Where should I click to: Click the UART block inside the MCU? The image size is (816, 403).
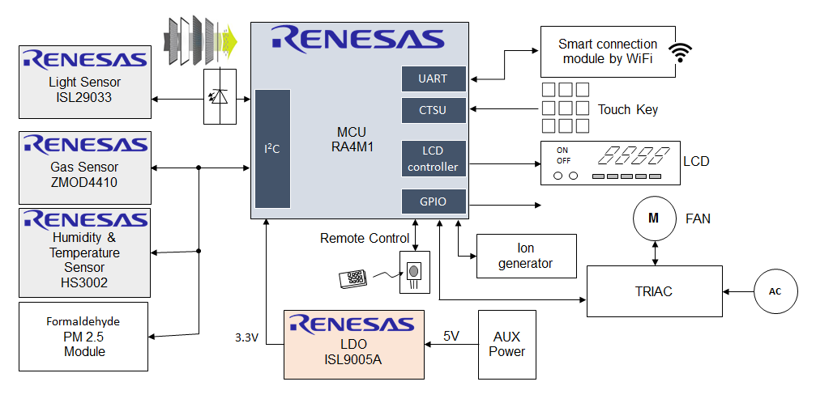pos(434,78)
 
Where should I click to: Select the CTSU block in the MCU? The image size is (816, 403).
pos(434,110)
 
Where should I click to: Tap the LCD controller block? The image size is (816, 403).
pos(434,159)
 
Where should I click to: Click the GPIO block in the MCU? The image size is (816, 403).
pos(434,202)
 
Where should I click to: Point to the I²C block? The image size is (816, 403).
pos(272,149)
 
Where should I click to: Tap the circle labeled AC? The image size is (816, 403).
pos(775,291)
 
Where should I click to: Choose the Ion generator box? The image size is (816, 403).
pos(527,256)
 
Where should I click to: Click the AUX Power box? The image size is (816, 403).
pos(507,344)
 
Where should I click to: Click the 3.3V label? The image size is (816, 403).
pos(246,337)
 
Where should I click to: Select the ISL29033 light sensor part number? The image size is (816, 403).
pos(84,97)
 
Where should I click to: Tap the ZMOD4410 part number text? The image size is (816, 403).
pos(84,182)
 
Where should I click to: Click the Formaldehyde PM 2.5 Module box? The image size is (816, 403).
pos(83,337)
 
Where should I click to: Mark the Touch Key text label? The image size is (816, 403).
pos(627,109)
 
